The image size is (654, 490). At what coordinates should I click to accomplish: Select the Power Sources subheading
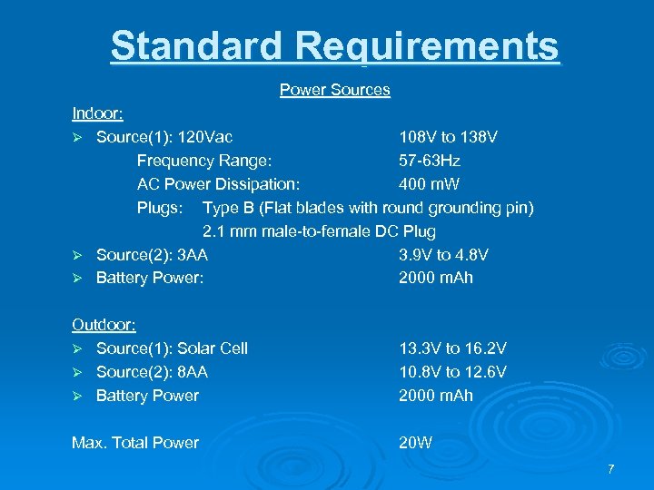pyautogui.click(x=334, y=90)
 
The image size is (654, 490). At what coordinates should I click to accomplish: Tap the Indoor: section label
pyautogui.click(x=98, y=113)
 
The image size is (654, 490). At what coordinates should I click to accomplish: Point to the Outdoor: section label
pyautogui.click(x=104, y=324)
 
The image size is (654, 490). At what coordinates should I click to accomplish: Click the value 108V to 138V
pyautogui.click(x=448, y=137)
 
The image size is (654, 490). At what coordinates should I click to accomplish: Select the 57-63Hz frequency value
pyautogui.click(x=429, y=161)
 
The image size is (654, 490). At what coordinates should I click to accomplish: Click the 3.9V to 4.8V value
pyautogui.click(x=443, y=255)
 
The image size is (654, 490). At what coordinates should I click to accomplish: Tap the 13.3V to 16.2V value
pyautogui.click(x=452, y=348)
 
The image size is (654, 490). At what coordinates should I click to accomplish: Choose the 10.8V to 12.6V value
pyautogui.click(x=452, y=372)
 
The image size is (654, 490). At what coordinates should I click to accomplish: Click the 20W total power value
pyautogui.click(x=417, y=443)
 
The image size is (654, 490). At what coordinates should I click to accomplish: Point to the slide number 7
pyautogui.click(x=611, y=469)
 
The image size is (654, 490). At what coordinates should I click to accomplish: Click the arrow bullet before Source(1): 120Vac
pyautogui.click(x=78, y=138)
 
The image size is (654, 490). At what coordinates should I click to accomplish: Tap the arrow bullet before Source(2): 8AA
pyautogui.click(x=78, y=373)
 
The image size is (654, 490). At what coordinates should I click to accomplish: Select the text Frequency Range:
pyautogui.click(x=203, y=161)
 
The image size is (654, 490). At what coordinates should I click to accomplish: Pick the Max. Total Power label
pyautogui.click(x=134, y=443)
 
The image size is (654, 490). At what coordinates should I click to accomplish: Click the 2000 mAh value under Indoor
pyautogui.click(x=435, y=278)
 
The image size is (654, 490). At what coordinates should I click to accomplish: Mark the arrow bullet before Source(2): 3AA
pyautogui.click(x=78, y=256)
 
